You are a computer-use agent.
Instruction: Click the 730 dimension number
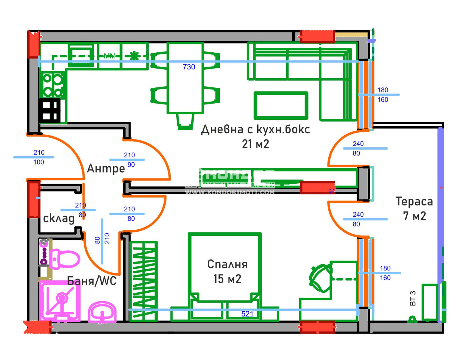point(189,67)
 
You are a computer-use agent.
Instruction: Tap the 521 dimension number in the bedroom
point(247,314)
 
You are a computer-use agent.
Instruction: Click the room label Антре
point(106,168)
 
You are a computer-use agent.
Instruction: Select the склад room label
point(59,218)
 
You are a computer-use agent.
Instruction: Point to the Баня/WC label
point(92,281)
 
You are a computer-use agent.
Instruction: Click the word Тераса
point(414,201)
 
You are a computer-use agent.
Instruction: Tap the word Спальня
point(227,264)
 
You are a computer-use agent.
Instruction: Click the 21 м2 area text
point(255,144)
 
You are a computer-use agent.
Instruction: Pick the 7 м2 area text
point(414,216)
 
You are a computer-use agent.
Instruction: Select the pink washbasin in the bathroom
point(102,312)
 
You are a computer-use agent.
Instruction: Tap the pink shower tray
point(60,301)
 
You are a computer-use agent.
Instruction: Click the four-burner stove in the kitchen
point(53,85)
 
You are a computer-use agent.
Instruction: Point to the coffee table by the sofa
point(281,105)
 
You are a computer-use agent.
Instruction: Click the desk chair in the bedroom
point(320,278)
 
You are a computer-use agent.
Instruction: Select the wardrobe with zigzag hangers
point(143,281)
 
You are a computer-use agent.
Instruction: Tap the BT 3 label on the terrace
point(413,298)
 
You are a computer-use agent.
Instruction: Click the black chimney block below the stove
point(49,111)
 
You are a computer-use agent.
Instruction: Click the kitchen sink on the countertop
point(81,56)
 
